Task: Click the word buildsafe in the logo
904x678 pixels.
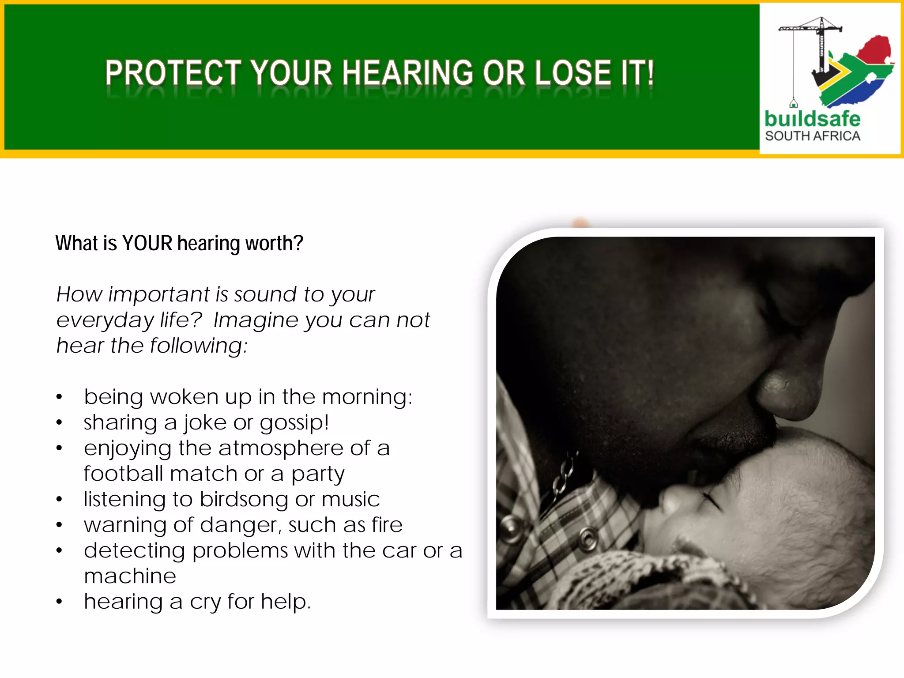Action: click(812, 119)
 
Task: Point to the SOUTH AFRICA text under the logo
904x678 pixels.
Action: click(813, 136)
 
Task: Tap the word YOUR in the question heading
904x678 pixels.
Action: click(147, 243)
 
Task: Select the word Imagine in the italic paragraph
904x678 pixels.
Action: click(256, 320)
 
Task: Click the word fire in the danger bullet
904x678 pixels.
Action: click(387, 525)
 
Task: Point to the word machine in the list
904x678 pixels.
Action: click(130, 576)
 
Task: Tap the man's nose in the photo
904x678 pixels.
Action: click(790, 393)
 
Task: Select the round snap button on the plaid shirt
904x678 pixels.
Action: click(587, 537)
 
